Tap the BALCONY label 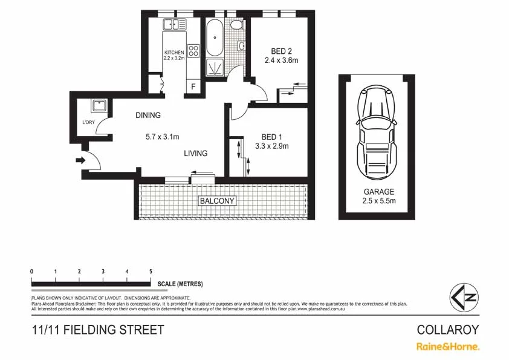pyautogui.click(x=217, y=201)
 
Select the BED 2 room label pyautogui.click(x=281, y=51)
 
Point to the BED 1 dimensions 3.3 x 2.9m pyautogui.click(x=272, y=146)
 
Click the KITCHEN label pyautogui.click(x=174, y=53)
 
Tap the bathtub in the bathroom pyautogui.click(x=215, y=38)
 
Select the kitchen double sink pyautogui.click(x=175, y=25)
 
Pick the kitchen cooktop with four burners pyautogui.click(x=193, y=51)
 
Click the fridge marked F pyautogui.click(x=193, y=87)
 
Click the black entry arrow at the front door pyautogui.click(x=79, y=160)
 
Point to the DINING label pyautogui.click(x=148, y=116)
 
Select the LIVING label pyautogui.click(x=196, y=153)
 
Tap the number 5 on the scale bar pyautogui.click(x=151, y=272)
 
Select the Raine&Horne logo pyautogui.click(x=447, y=347)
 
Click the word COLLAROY pyautogui.click(x=448, y=330)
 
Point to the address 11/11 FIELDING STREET pyautogui.click(x=98, y=330)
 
